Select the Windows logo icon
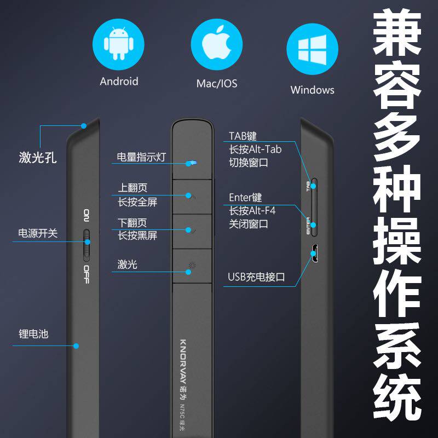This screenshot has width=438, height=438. point(312,48)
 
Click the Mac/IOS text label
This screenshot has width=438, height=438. point(216,84)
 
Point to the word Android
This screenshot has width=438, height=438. point(119,82)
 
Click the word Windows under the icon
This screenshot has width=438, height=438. point(312,90)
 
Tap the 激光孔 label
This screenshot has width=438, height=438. point(38,159)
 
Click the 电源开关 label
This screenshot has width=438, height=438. point(38,233)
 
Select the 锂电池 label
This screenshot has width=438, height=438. point(33,333)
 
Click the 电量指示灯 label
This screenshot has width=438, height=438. point(141,158)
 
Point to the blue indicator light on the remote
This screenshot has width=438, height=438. point(191,163)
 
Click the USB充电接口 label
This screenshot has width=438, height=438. point(257,277)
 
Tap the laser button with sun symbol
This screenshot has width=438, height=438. point(192,267)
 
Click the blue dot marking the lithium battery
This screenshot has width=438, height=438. point(77,345)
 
